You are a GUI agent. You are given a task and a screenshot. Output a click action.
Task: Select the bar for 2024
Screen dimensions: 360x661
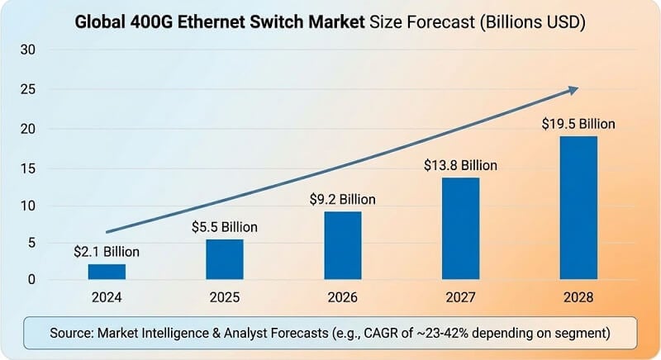(107, 272)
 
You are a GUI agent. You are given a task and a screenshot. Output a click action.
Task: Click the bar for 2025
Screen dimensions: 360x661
(224, 259)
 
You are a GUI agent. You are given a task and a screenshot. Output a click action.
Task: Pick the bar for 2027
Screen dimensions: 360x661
(460, 228)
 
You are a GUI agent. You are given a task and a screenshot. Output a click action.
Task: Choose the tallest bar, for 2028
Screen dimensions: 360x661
(578, 207)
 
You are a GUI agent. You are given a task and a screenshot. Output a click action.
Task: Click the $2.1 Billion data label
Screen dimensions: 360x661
(107, 251)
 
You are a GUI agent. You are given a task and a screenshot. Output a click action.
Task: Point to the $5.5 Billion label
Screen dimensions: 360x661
(224, 226)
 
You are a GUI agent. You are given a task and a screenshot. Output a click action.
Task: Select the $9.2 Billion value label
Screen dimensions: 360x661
(342, 199)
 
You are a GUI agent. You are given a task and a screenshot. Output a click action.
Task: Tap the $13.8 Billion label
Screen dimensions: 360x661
(460, 165)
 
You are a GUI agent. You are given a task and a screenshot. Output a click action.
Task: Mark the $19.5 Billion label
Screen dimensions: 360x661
(578, 124)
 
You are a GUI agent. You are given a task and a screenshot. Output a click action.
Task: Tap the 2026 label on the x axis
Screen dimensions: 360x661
(342, 296)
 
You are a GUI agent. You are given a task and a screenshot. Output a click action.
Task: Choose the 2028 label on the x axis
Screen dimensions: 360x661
(578, 296)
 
